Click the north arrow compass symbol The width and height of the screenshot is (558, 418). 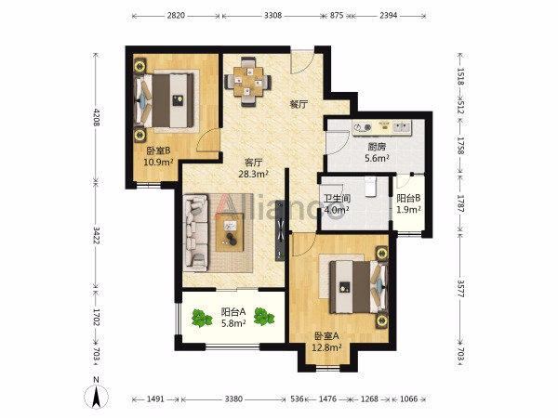96,394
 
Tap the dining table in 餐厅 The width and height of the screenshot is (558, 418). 248,82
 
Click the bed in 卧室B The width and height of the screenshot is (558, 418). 165,100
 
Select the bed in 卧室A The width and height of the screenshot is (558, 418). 358,287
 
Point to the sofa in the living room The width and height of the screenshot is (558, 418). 195,231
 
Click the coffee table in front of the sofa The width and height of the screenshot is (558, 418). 231,232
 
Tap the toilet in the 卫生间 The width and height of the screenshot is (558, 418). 371,187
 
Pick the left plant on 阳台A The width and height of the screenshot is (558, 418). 202,318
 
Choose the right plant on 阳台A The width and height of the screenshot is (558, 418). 264,317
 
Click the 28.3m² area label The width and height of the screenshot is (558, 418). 254,174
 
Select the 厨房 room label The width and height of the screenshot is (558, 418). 377,147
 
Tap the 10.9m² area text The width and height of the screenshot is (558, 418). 158,163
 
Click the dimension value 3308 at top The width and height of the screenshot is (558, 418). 272,15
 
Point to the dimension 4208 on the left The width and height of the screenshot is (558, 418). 97,116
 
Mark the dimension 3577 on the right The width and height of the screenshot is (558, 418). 460,288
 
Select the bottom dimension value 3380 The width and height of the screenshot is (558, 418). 233,398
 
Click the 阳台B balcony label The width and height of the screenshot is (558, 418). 408,198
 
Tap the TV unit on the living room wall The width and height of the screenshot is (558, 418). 281,230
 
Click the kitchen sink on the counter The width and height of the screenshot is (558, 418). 402,127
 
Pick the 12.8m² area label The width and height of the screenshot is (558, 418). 327,347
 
